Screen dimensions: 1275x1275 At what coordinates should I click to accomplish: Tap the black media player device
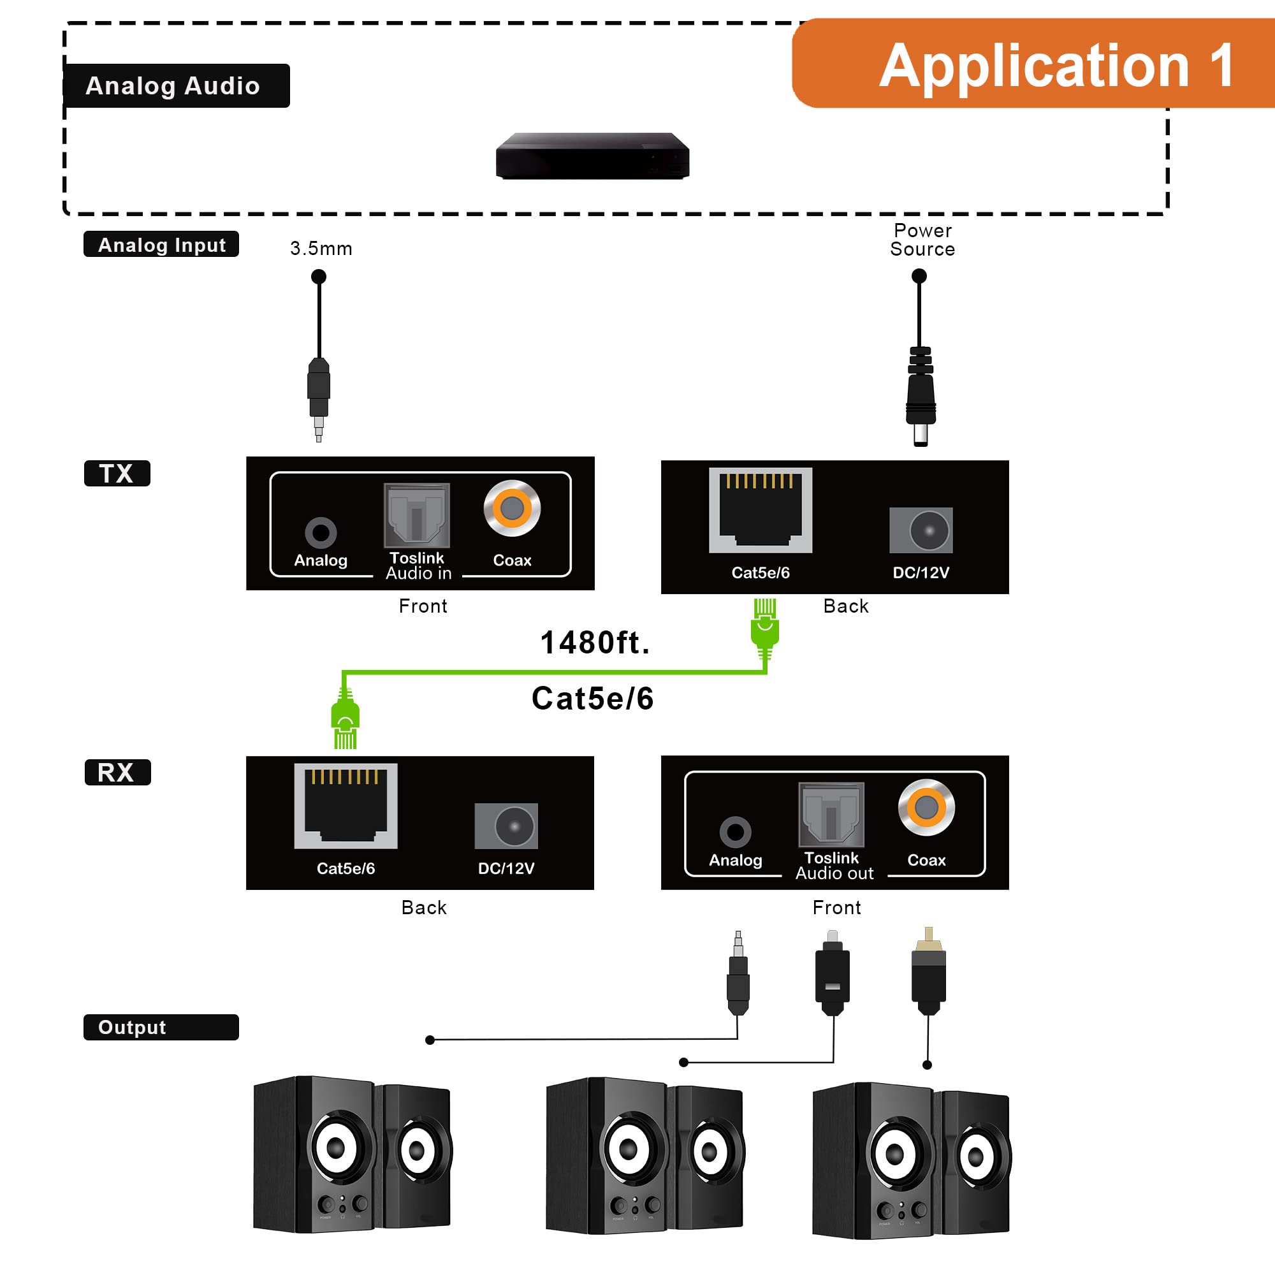tap(592, 156)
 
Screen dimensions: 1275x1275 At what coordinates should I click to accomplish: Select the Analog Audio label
tap(175, 86)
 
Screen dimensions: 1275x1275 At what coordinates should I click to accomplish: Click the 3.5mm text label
tap(321, 249)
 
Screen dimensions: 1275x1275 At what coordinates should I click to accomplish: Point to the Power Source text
tap(922, 240)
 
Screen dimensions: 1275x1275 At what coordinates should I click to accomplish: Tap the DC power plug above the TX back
tap(920, 396)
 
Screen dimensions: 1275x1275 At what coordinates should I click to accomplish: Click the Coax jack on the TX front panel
tap(511, 508)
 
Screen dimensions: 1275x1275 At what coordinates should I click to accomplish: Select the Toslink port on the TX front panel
tap(416, 515)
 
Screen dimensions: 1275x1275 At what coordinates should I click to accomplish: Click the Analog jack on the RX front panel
tap(734, 832)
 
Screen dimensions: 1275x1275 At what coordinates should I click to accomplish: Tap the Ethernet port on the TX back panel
tap(761, 510)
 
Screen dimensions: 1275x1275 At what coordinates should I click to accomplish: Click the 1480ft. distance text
tap(595, 643)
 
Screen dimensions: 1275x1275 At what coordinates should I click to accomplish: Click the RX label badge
tap(117, 772)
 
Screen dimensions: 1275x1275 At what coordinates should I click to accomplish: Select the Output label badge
tap(161, 1028)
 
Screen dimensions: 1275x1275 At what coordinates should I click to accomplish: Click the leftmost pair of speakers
tap(352, 1155)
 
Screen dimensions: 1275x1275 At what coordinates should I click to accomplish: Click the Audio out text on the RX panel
tap(834, 874)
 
